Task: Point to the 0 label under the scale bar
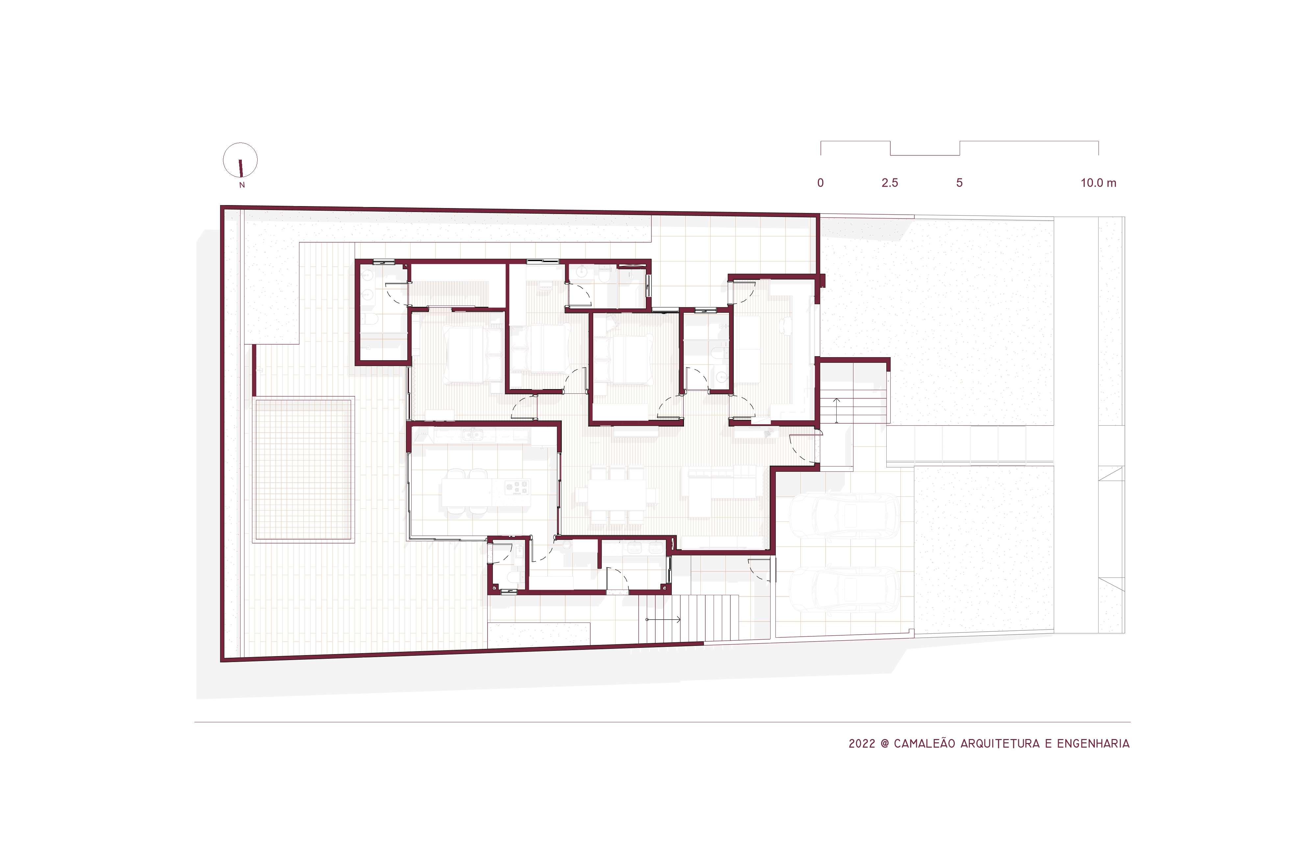(820, 183)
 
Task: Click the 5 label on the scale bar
(959, 183)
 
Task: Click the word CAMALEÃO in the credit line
(924, 743)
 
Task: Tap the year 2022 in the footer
(862, 743)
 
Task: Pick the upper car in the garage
(844, 516)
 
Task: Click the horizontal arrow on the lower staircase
(663, 619)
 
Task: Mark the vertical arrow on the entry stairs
(836, 410)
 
